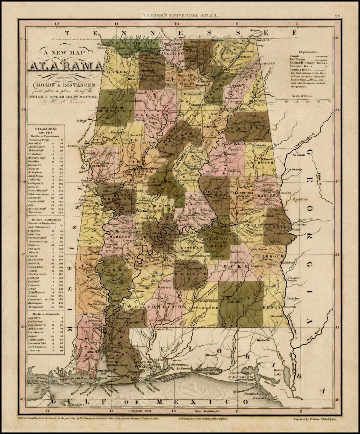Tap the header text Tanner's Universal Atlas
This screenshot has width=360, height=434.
click(180, 15)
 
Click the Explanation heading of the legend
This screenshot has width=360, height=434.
click(308, 52)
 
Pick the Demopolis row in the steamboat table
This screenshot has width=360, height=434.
click(36, 198)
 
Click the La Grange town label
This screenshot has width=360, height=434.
click(295, 169)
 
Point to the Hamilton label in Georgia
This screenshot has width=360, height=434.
click(300, 199)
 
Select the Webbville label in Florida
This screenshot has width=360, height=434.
click(263, 340)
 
